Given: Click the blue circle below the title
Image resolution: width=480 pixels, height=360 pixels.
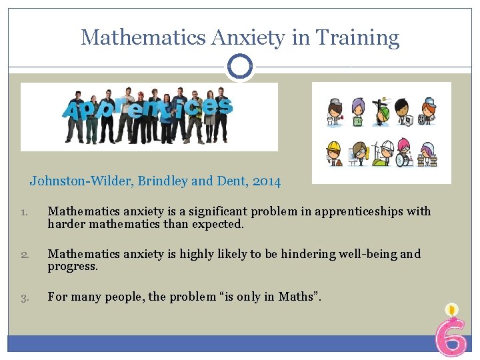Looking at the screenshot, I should pos(239,66).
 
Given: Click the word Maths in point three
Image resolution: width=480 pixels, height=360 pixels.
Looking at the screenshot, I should pos(295,297).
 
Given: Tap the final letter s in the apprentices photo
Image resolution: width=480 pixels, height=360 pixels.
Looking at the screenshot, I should pos(224,105).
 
